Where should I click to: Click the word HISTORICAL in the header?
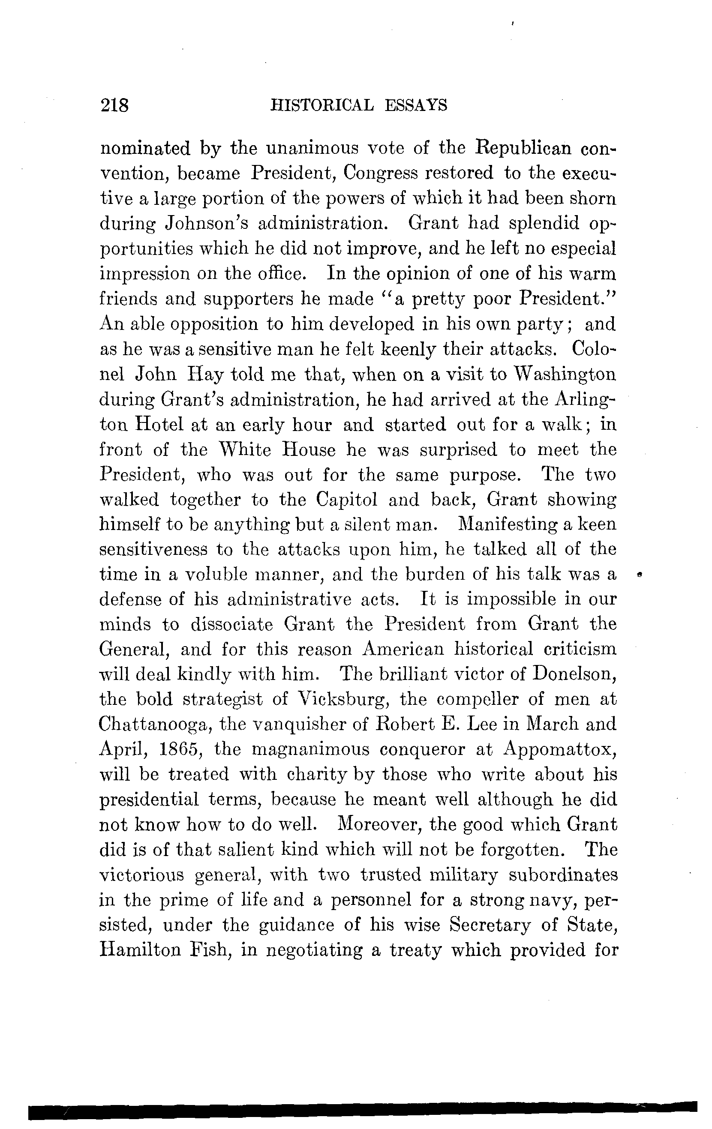click(322, 105)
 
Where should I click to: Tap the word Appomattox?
click(560, 750)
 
